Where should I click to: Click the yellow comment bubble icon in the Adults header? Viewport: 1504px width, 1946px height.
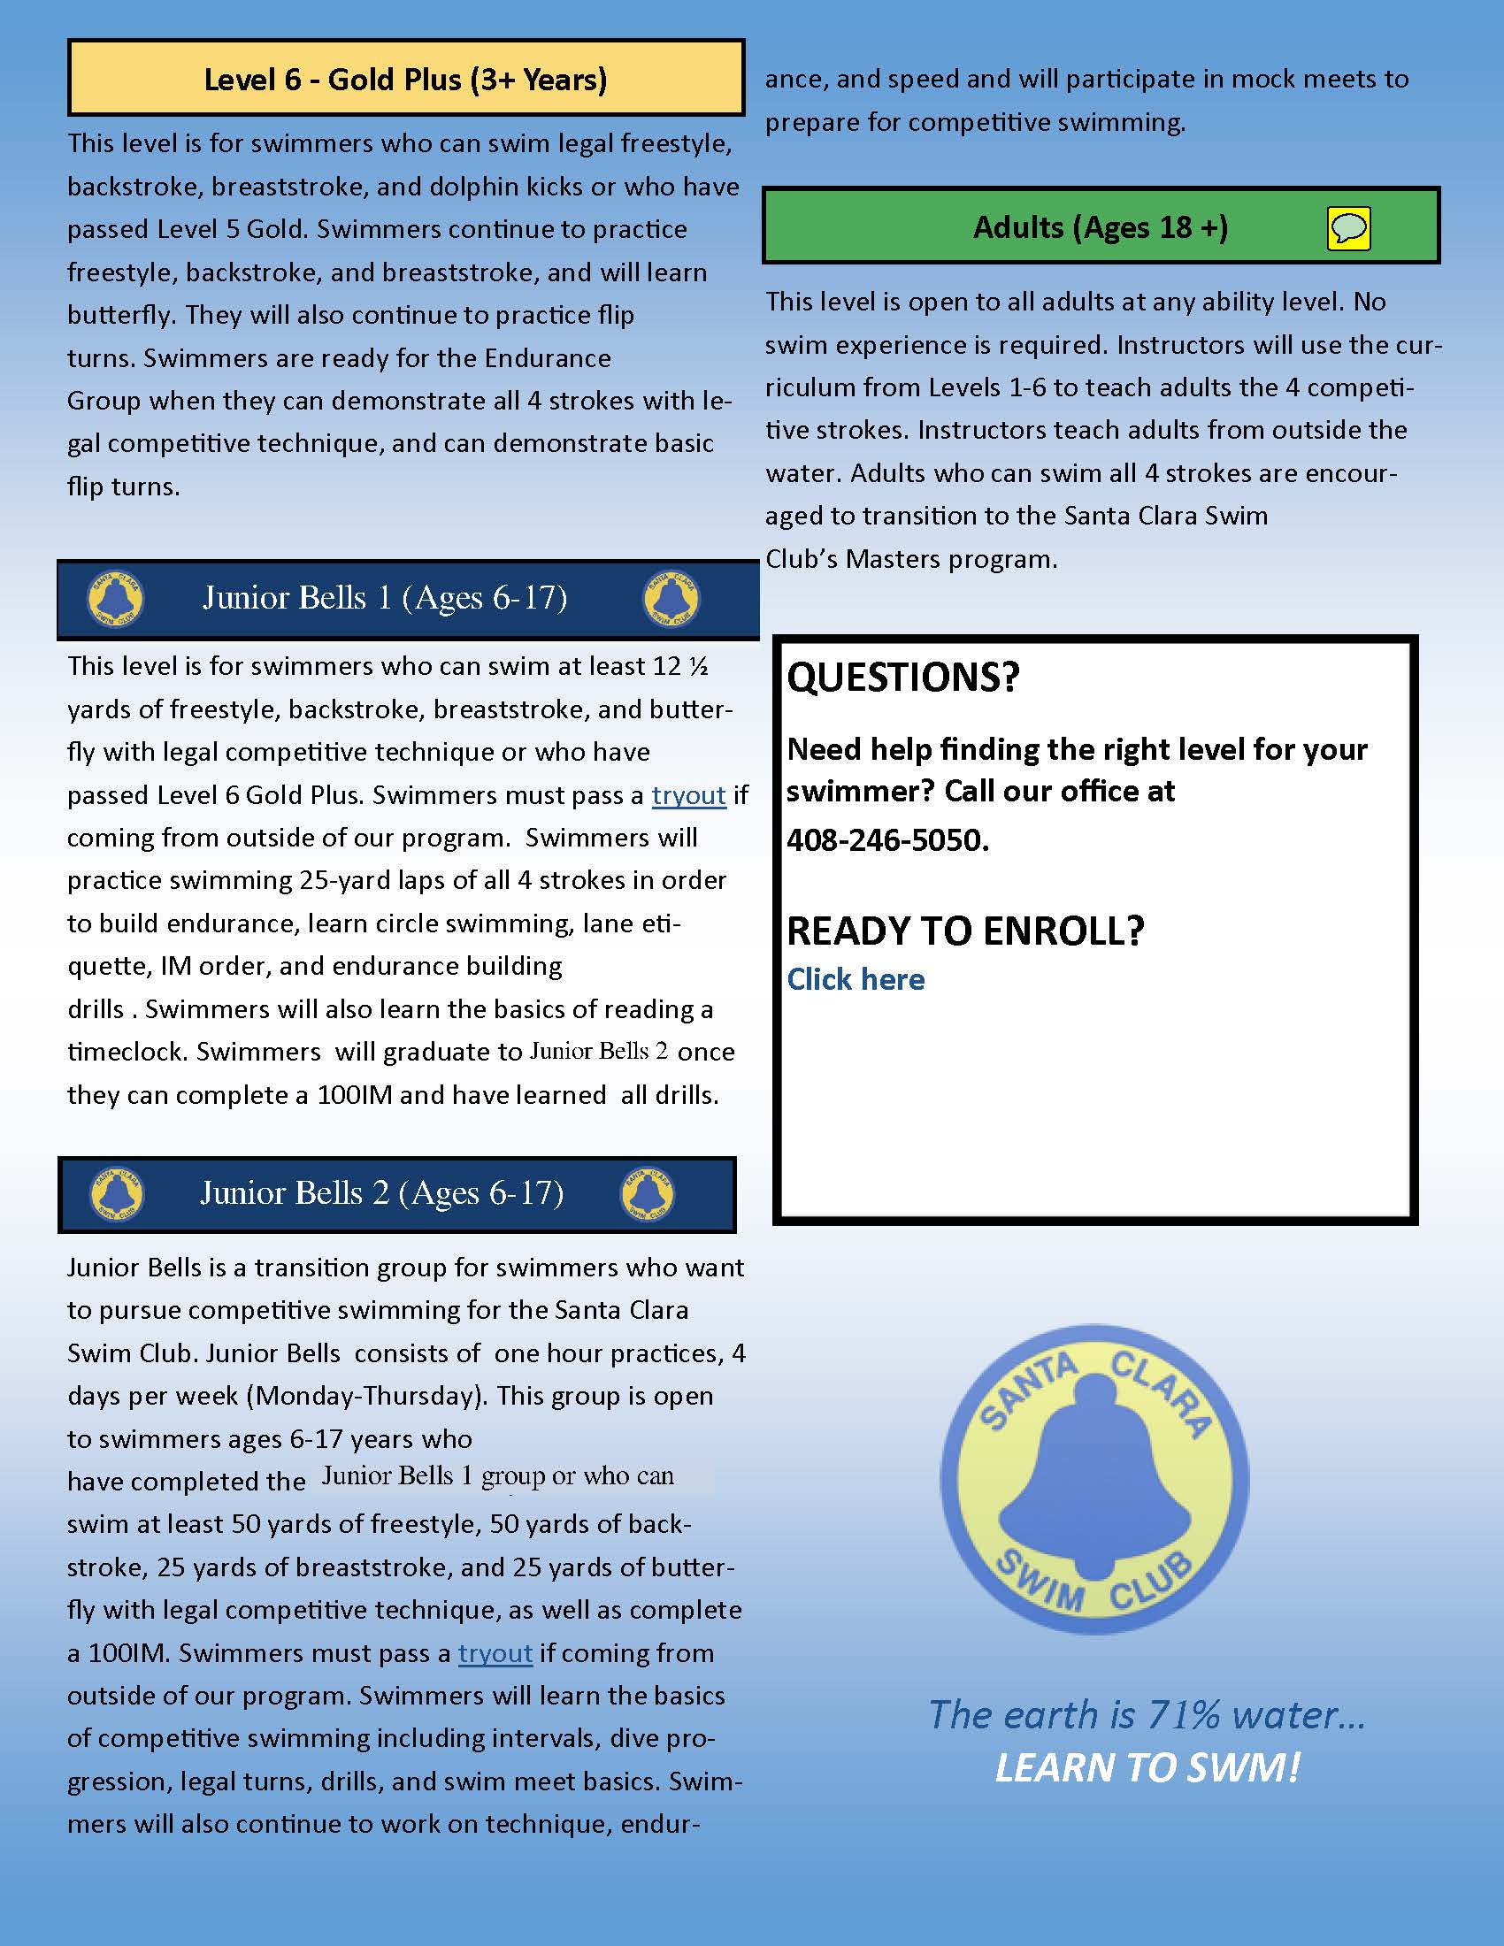coord(1348,228)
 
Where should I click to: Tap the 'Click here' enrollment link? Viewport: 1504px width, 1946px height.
coord(856,979)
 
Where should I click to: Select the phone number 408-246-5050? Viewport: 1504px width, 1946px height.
coord(886,839)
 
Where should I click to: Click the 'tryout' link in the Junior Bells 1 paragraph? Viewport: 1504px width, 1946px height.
coord(688,795)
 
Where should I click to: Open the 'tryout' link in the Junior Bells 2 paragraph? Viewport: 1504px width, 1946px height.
coord(495,1653)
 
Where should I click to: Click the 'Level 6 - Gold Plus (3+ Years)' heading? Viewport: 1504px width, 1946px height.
coord(405,80)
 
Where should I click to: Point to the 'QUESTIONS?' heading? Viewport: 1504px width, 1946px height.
coord(902,678)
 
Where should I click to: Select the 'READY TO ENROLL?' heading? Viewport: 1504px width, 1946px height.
coord(965,931)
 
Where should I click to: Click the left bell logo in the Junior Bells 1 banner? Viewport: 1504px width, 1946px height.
coord(117,598)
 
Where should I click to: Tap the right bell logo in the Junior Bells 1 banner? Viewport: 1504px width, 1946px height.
coord(671,598)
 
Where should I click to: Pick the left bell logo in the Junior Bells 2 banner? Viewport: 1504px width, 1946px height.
coord(117,1194)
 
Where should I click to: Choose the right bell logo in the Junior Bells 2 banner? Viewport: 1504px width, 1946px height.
coord(648,1194)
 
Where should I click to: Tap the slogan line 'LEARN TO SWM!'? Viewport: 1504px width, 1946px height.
coord(1147,1768)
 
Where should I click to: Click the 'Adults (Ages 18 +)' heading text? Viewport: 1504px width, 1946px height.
coord(1101,227)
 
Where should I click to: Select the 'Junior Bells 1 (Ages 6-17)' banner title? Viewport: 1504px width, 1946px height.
coord(385,597)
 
